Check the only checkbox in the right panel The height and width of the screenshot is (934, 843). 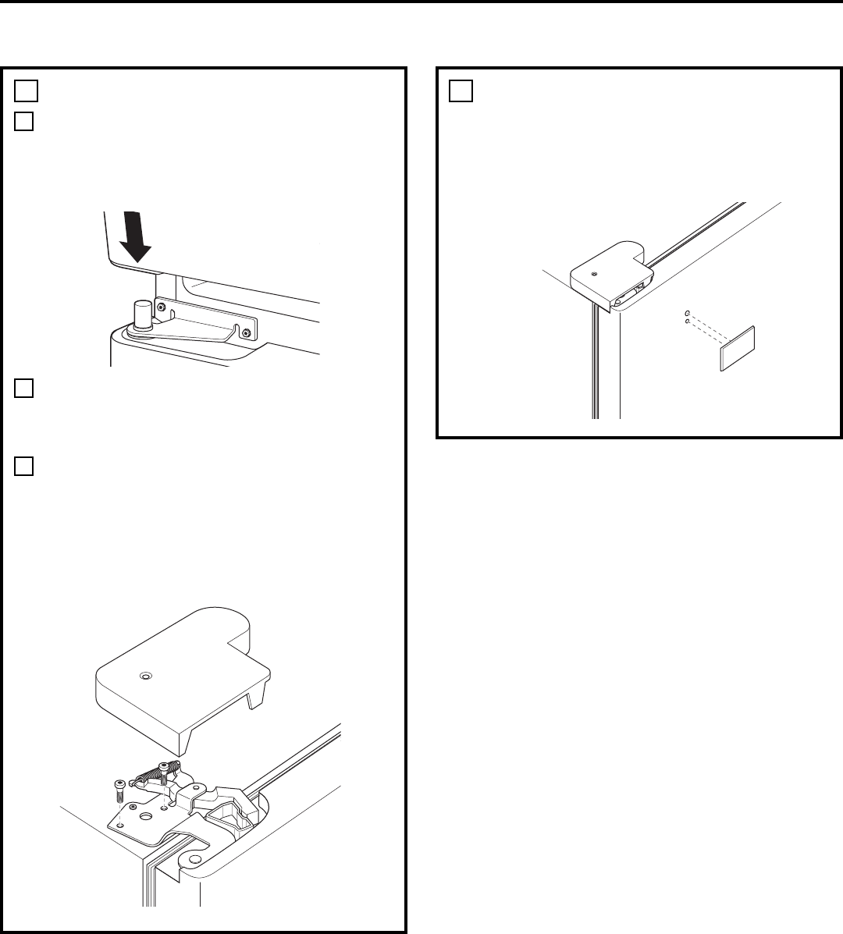click(461, 91)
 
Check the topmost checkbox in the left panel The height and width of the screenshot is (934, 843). click(24, 91)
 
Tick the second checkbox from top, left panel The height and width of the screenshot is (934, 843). click(24, 122)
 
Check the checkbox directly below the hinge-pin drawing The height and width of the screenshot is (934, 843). click(24, 388)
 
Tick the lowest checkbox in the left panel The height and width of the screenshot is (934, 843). click(24, 467)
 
